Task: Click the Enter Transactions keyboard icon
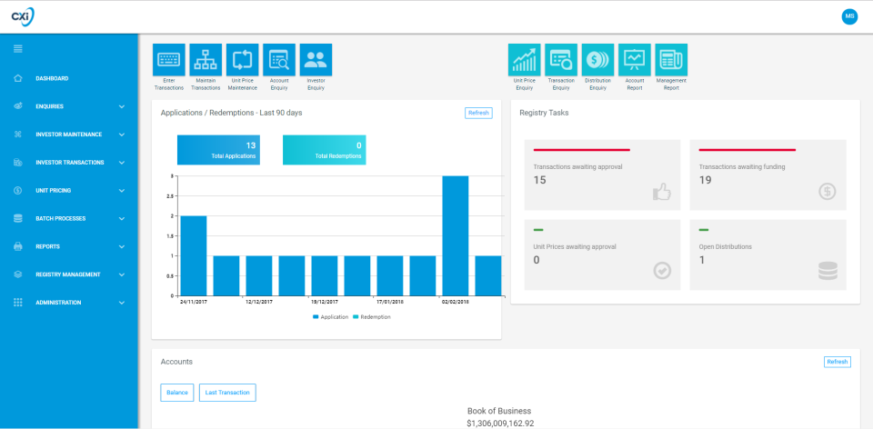[168, 60]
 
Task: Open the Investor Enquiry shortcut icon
[316, 60]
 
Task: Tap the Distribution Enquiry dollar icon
[597, 60]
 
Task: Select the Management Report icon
[671, 60]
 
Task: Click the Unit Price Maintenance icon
[242, 60]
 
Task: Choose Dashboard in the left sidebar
[52, 78]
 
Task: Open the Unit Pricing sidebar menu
[53, 191]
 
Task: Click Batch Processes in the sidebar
[60, 219]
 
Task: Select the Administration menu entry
[58, 303]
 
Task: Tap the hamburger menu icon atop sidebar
[18, 48]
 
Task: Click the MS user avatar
[849, 16]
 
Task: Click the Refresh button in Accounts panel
[838, 362]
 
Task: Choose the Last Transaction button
[227, 393]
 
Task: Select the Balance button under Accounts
[177, 393]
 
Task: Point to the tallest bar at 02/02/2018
[455, 235]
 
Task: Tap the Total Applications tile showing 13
[219, 151]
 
